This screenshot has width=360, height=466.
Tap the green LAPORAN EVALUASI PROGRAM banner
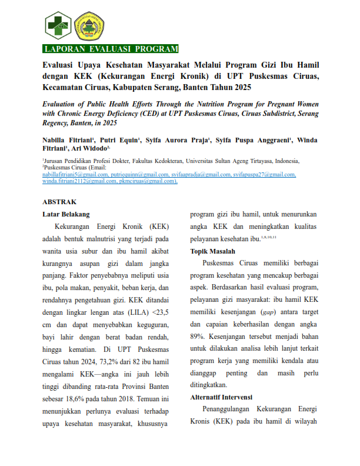[x=111, y=49]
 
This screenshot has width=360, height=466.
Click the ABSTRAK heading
[x=59, y=201]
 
